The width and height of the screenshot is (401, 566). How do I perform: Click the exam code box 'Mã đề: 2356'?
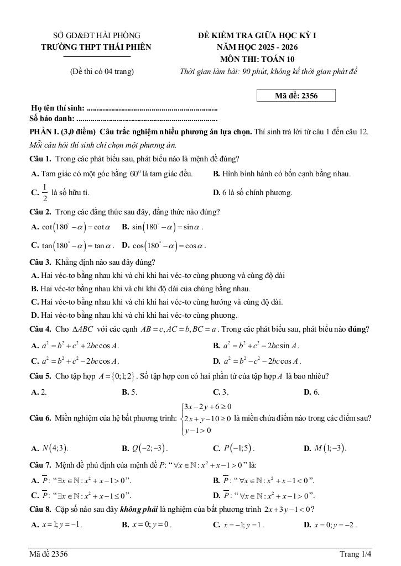296,96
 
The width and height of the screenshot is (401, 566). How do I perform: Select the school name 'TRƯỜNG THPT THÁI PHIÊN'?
96,48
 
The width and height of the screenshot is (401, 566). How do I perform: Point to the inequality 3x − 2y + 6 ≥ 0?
207,407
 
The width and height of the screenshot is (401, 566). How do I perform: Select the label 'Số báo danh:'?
53,118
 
